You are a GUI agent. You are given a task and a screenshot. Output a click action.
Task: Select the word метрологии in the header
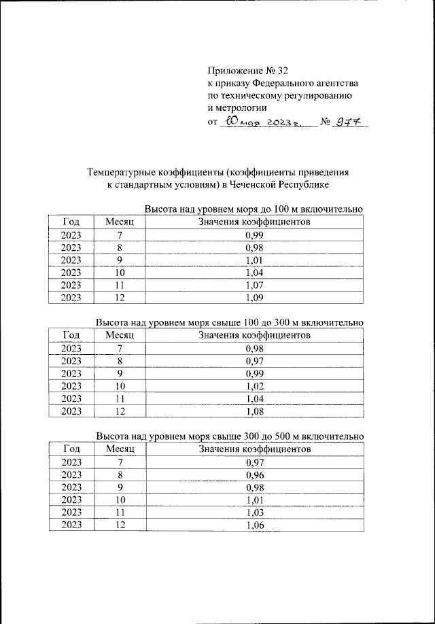237,107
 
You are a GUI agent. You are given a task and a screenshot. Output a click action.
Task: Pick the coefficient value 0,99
254,235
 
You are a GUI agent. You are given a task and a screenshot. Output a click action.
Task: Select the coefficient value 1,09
254,297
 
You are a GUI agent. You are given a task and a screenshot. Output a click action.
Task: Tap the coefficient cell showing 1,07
254,285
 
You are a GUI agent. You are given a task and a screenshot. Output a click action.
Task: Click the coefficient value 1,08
254,411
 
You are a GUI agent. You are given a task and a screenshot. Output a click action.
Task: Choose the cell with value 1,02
254,385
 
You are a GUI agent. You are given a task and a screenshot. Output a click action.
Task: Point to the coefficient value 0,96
254,475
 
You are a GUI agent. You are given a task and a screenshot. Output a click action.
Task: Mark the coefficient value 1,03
254,513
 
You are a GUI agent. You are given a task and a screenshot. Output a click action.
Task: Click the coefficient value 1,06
254,525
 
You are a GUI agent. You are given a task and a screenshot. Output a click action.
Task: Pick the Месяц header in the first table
120,222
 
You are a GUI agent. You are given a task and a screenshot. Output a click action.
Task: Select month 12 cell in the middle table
120,411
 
